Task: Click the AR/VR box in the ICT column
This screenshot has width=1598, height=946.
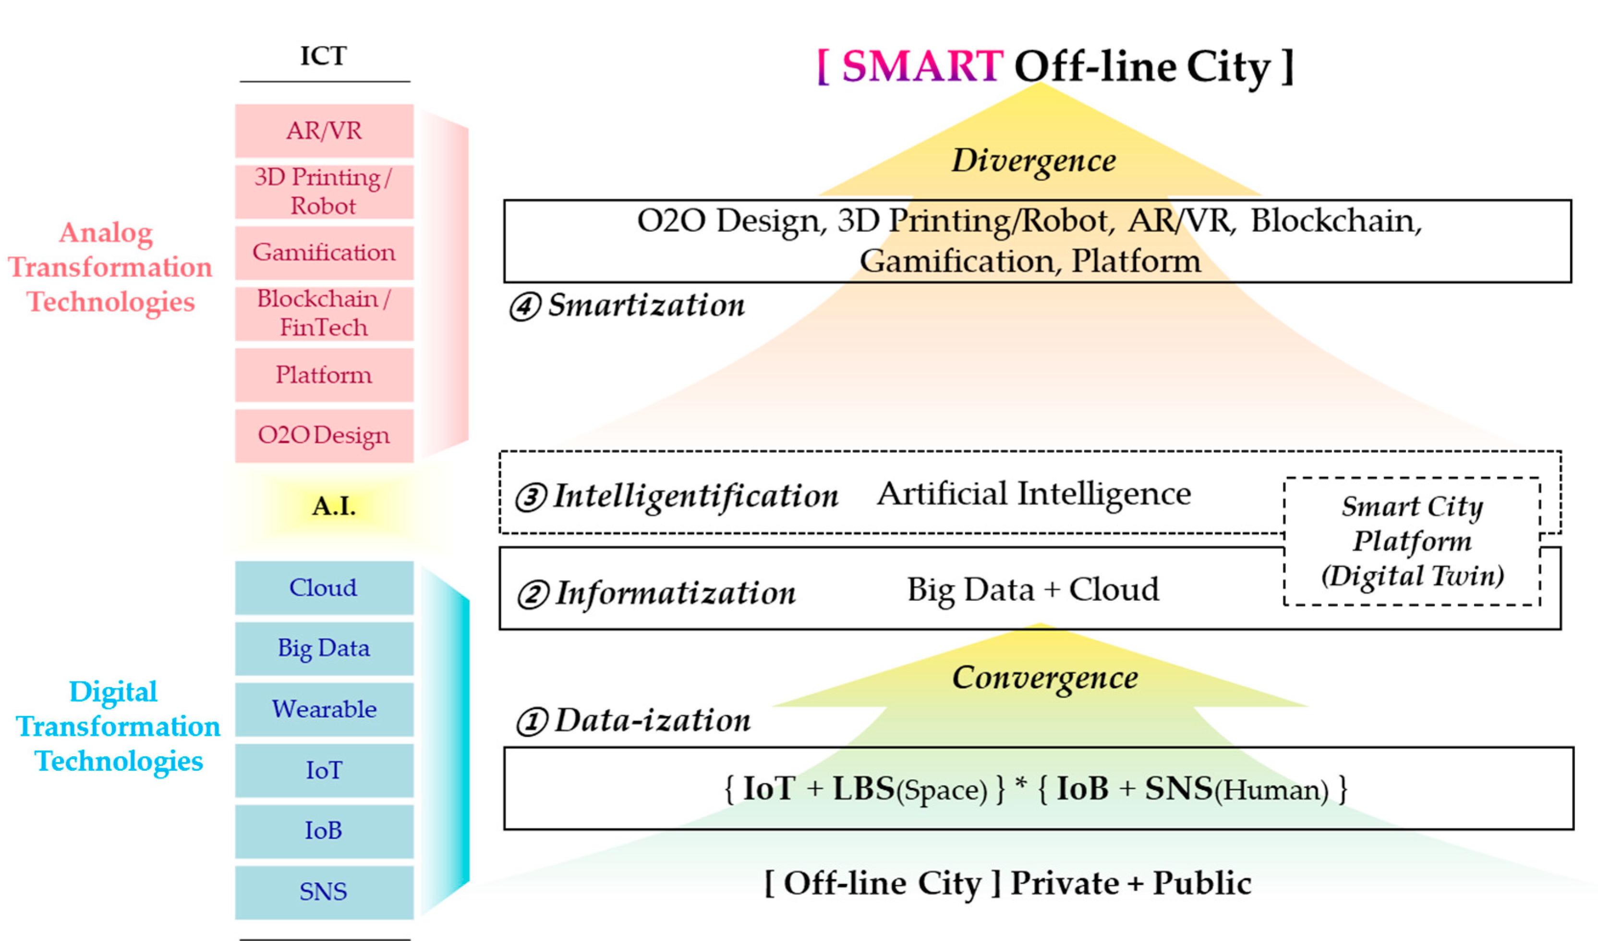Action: click(x=324, y=131)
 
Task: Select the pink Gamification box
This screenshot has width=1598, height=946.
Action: click(x=324, y=253)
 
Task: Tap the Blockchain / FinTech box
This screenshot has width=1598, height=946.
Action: click(x=324, y=314)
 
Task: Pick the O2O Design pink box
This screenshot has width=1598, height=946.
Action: click(x=324, y=436)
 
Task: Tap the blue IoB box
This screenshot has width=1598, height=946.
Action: click(x=324, y=831)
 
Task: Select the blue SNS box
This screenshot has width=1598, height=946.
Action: click(x=324, y=892)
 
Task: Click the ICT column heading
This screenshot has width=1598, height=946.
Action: click(x=324, y=56)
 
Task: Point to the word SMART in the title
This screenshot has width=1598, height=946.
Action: click(x=922, y=66)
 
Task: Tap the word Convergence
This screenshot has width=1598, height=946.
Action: click(x=1045, y=678)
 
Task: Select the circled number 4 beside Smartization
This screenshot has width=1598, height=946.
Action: click(x=525, y=307)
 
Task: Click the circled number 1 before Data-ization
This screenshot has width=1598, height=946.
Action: click(x=532, y=722)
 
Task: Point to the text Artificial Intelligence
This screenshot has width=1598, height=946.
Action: click(x=1034, y=494)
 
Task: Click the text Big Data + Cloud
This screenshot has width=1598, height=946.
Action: click(x=1033, y=590)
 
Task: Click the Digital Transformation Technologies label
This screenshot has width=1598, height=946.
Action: click(x=118, y=727)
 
